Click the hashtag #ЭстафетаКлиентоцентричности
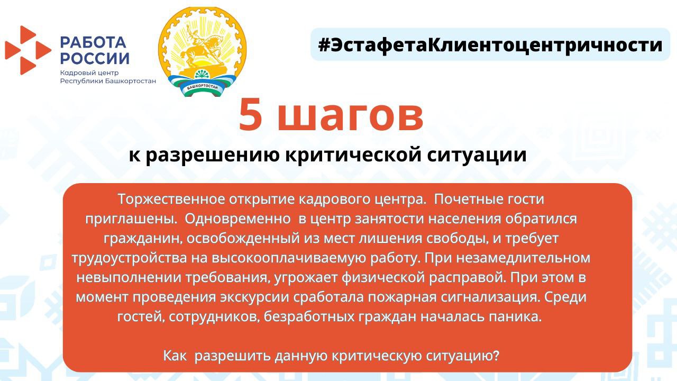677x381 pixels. [x=490, y=45]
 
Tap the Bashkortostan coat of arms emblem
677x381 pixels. [x=202, y=52]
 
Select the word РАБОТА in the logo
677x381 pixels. [x=93, y=42]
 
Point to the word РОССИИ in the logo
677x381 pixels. [x=95, y=58]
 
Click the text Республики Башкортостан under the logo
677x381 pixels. [x=108, y=81]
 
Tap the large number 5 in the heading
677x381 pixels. [x=251, y=115]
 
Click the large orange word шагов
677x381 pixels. [x=351, y=115]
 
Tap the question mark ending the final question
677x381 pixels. [x=496, y=355]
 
